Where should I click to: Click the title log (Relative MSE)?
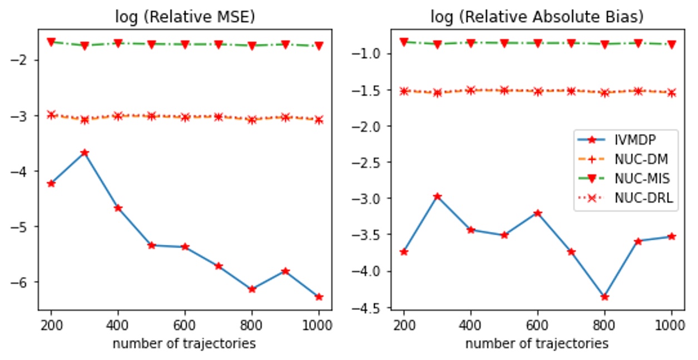[x=185, y=17]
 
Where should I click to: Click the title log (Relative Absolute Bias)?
[x=537, y=17]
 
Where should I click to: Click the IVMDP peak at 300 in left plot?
[x=85, y=152]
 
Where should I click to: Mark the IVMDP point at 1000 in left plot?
[x=319, y=297]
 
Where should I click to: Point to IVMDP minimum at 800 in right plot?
[x=605, y=297]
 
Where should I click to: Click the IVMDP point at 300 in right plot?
[x=437, y=196]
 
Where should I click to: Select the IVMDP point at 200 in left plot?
[x=51, y=183]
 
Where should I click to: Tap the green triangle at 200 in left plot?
[x=51, y=42]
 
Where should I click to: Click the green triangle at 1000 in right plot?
[x=671, y=44]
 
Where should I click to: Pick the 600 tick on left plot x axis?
[x=185, y=324]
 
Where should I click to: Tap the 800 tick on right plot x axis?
[x=605, y=324]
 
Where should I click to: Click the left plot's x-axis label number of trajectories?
[x=185, y=343]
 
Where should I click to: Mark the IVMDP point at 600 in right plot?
[x=538, y=213]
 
